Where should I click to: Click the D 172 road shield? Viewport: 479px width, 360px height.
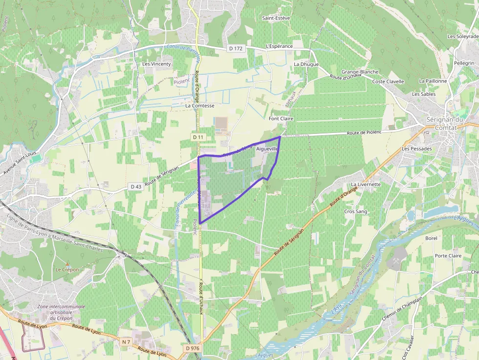pos(235,48)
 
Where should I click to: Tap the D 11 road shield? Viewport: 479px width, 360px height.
pos(197,137)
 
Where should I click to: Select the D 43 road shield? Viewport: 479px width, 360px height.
pos(135,187)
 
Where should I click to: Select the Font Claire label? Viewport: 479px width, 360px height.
pos(281,119)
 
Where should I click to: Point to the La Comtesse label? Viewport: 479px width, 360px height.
pos(199,105)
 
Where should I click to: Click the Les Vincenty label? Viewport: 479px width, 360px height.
pos(156,64)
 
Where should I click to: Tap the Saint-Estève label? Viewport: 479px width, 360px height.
pos(276,18)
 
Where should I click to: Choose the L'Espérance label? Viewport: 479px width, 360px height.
pos(279,46)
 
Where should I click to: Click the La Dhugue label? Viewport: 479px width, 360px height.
pos(306,64)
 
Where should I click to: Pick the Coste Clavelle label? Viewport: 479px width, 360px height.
pos(388,82)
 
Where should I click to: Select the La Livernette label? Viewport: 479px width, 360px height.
pos(366,184)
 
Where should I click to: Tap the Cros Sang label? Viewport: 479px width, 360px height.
pos(355,212)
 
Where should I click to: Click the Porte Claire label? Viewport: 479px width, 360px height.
pos(448,255)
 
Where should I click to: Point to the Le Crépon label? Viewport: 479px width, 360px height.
pos(67,270)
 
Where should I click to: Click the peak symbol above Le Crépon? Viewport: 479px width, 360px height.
pos(67,263)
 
